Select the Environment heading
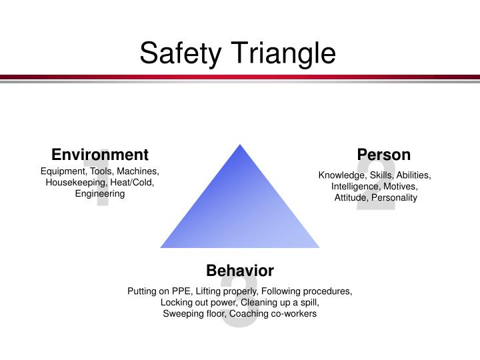[x=100, y=155]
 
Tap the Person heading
[x=383, y=155]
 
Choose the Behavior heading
[x=240, y=270]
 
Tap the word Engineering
[x=100, y=194]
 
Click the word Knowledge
[x=341, y=175]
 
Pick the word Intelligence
[x=355, y=187]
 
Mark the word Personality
[x=394, y=198]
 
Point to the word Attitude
[x=350, y=198]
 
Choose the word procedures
[x=326, y=291]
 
